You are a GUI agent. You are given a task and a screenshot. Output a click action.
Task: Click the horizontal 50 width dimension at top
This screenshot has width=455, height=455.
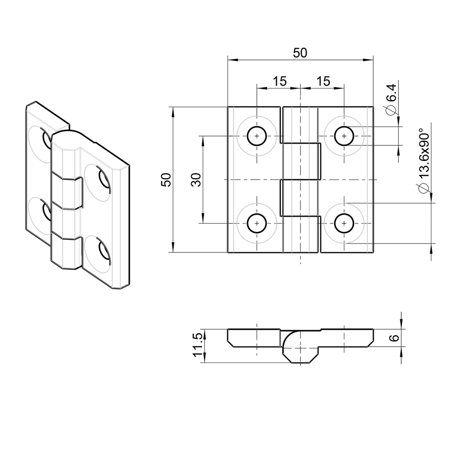[x=300, y=53]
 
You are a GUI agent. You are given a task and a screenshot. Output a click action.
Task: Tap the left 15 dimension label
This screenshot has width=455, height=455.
[x=279, y=81]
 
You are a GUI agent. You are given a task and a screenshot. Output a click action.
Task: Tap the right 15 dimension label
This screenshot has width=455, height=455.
[x=323, y=81]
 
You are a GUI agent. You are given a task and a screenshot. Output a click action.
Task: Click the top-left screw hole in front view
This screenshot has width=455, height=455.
[x=256, y=136]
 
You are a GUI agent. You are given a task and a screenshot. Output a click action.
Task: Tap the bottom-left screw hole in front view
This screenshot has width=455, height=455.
[x=256, y=223]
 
